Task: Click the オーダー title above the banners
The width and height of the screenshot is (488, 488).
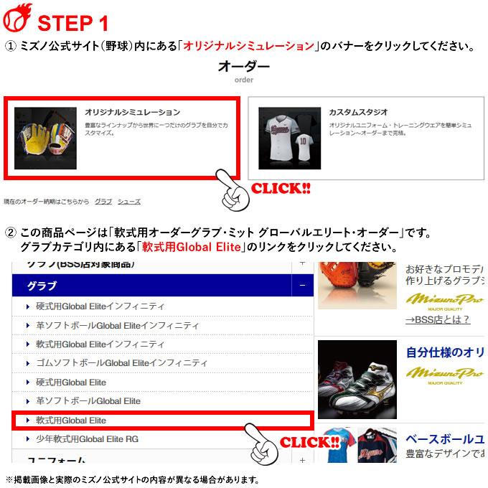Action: click(244, 67)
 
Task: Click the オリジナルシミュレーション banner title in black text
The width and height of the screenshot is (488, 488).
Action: click(133, 113)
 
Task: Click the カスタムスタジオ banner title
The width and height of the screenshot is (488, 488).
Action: click(358, 113)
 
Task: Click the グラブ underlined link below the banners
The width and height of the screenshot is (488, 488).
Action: click(103, 202)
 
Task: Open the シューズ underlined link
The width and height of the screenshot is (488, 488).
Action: click(129, 202)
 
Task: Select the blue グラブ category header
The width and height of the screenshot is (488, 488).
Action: click(42, 286)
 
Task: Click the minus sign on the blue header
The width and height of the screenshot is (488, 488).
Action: click(304, 286)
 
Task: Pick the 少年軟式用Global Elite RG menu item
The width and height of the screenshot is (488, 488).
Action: click(87, 438)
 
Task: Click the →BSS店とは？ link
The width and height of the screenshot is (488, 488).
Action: click(438, 320)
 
